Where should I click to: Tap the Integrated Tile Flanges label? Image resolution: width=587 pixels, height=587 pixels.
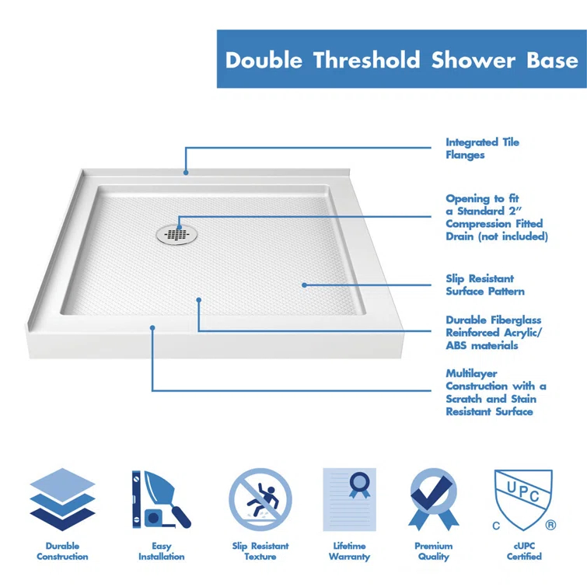coord(482,148)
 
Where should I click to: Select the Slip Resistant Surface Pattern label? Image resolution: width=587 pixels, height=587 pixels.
coord(485,285)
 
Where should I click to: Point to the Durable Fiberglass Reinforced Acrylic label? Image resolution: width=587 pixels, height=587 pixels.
coord(494,333)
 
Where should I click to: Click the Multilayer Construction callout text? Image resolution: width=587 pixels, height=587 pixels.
coord(495,393)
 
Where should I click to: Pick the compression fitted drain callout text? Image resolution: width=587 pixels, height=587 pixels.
coord(496,218)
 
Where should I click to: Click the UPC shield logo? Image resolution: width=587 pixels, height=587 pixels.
coord(523,497)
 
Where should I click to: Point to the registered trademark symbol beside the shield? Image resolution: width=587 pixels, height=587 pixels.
coord(550,526)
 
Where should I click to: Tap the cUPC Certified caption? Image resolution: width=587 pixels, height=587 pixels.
coord(524,551)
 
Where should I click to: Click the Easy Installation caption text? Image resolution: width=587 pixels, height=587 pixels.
coord(161,551)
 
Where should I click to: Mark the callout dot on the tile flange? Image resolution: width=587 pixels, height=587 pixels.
coord(186,173)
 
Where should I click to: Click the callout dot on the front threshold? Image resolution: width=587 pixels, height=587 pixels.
coord(152,328)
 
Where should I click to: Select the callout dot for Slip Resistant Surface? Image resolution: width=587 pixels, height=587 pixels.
coord(304,285)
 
